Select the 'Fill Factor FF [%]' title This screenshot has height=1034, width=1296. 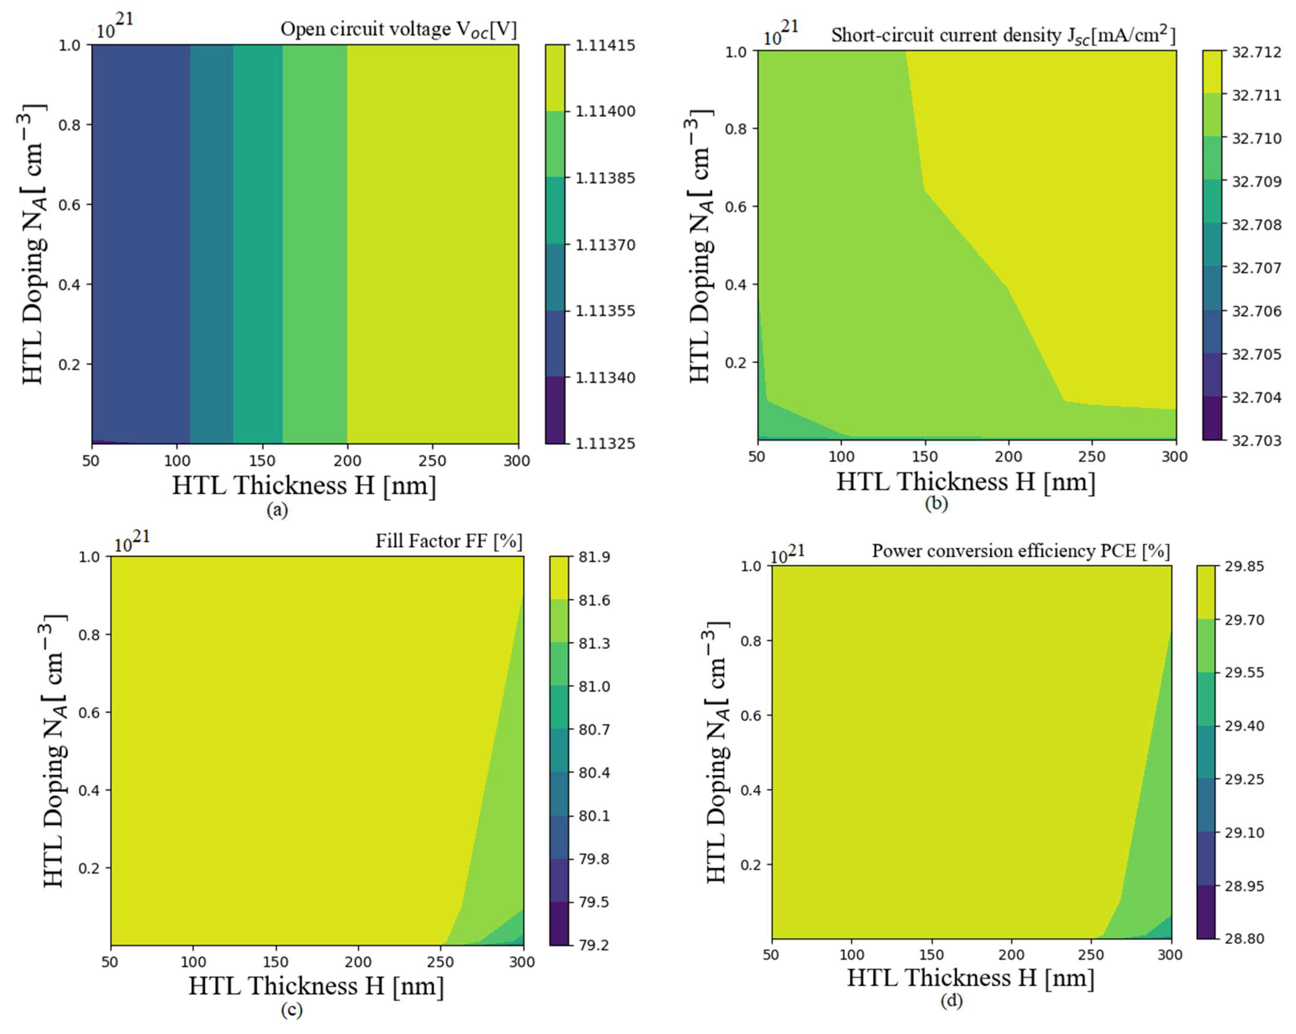point(448,541)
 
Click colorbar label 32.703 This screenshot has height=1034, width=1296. point(1256,441)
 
